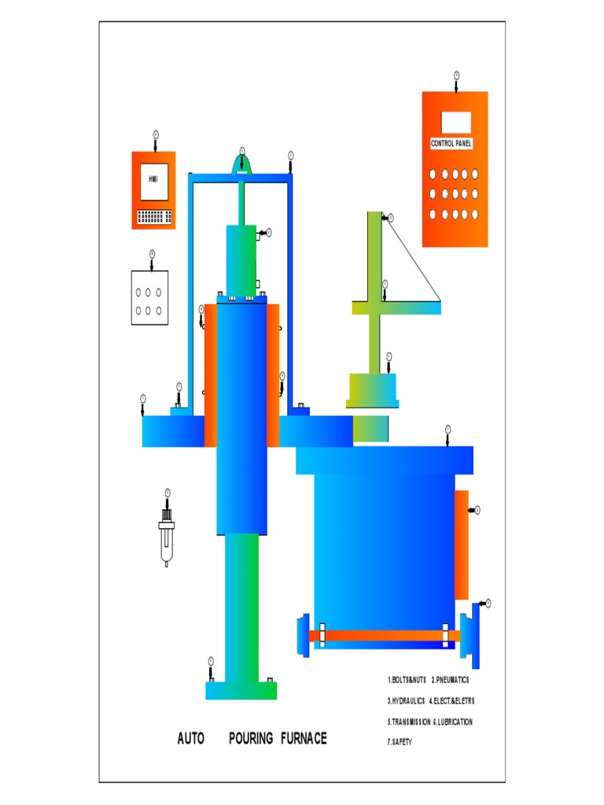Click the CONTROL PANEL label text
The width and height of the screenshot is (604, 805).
tap(451, 144)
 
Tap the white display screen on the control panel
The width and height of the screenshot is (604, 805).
tap(456, 122)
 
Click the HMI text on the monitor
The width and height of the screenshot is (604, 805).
tap(153, 179)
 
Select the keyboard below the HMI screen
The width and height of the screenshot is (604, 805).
tap(154, 216)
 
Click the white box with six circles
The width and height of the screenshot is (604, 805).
tap(149, 297)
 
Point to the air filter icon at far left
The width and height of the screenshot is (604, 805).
tap(167, 536)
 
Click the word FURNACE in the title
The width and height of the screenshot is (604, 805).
tap(303, 738)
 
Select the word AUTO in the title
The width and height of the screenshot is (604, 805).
tap(191, 738)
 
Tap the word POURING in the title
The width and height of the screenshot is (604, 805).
tap(251, 738)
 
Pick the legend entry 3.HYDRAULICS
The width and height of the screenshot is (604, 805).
tap(406, 700)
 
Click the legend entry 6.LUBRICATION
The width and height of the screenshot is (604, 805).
tap(453, 721)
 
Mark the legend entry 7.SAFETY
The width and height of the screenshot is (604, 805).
tap(400, 741)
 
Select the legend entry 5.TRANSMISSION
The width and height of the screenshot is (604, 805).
tap(408, 721)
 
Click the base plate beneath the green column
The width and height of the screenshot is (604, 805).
tap(241, 690)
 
